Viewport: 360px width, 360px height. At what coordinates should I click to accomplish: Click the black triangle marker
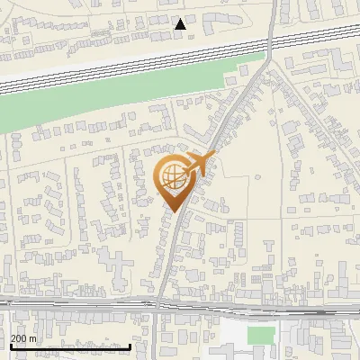click(181, 23)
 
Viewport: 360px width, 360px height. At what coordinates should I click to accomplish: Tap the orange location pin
click(174, 180)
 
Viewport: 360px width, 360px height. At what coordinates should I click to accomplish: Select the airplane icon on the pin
click(201, 164)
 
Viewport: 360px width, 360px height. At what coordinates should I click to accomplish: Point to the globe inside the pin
click(172, 175)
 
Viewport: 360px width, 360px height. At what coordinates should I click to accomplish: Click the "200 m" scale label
click(24, 338)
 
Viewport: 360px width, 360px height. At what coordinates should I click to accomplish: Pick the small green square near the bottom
click(260, 336)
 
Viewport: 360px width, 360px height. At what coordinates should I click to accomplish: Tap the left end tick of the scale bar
click(10, 346)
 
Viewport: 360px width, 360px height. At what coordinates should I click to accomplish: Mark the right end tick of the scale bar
click(131, 346)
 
